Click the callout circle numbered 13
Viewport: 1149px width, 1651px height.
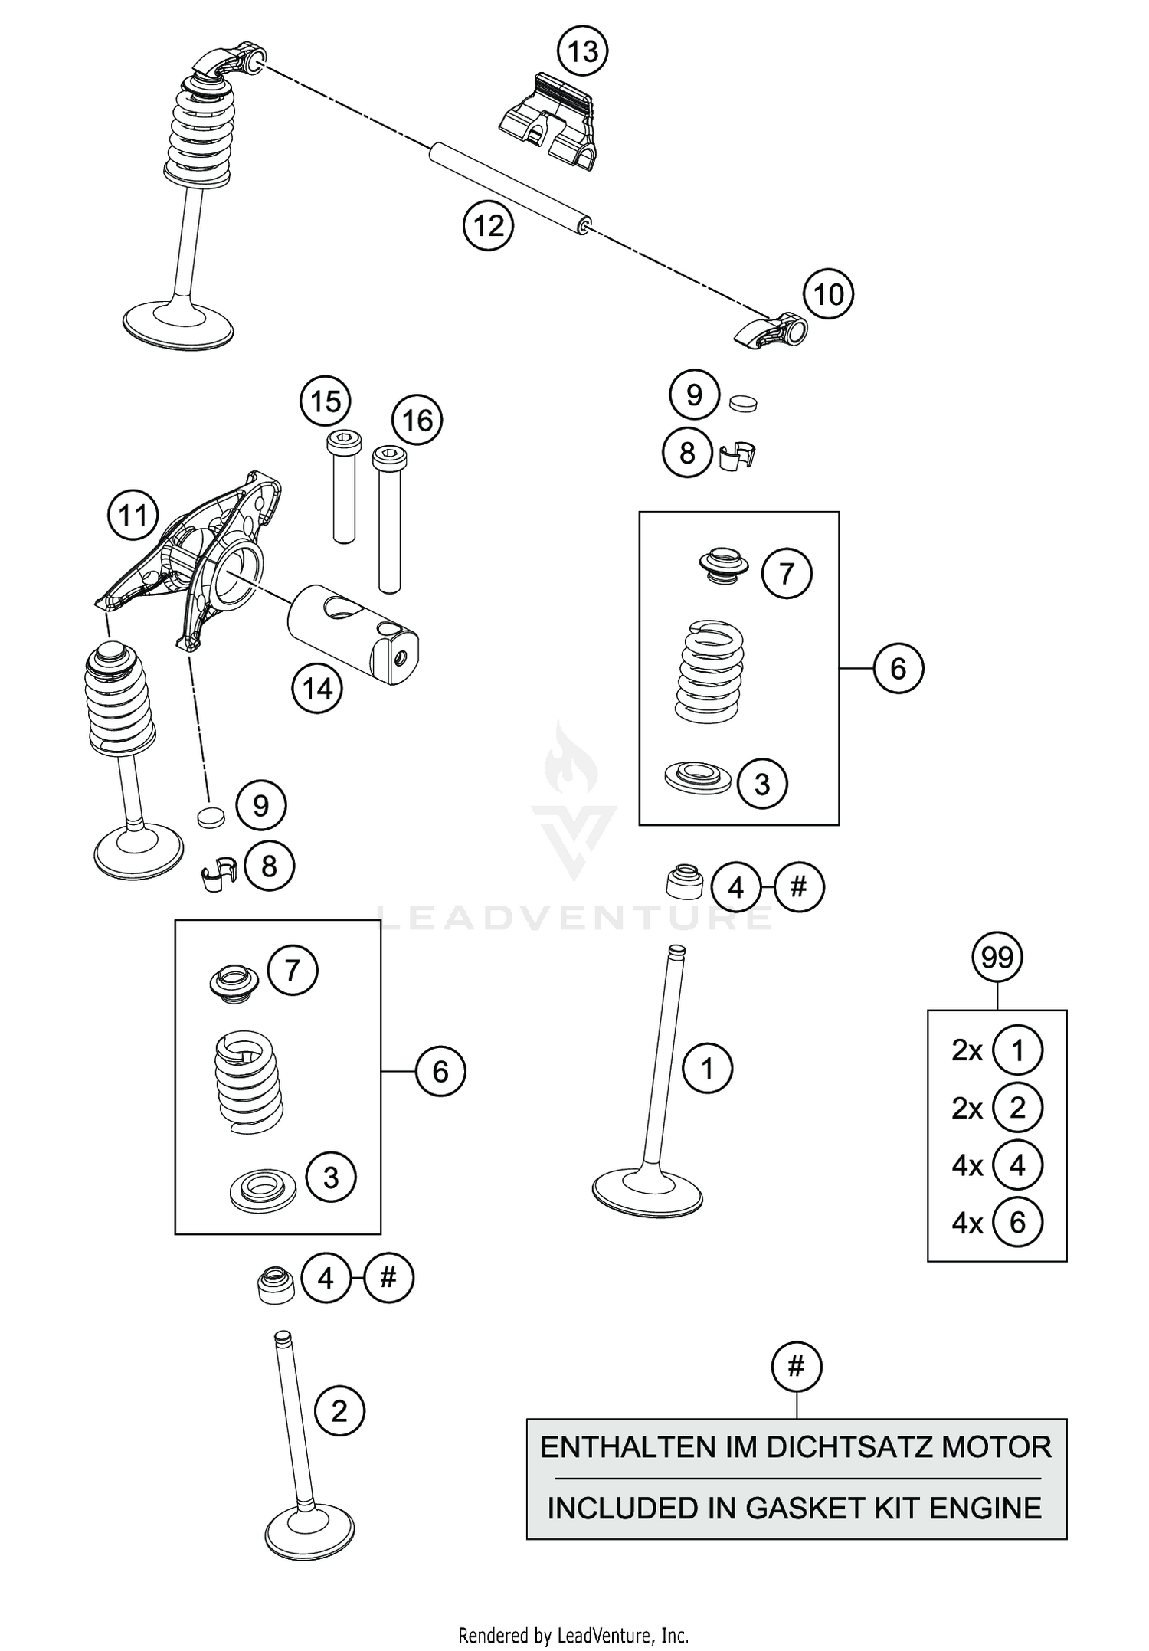pyautogui.click(x=582, y=52)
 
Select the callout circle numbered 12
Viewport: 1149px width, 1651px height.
pyautogui.click(x=489, y=226)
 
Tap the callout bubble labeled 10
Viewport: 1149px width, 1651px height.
pyautogui.click(x=828, y=294)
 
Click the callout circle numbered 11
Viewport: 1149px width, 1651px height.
pyautogui.click(x=133, y=515)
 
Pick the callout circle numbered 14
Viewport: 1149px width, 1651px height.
pyautogui.click(x=317, y=689)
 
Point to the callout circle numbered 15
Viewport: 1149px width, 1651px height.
pyautogui.click(x=326, y=401)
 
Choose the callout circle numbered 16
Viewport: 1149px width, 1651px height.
pyautogui.click(x=417, y=421)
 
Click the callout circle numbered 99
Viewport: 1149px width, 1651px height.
pyautogui.click(x=997, y=958)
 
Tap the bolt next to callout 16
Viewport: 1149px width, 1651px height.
pyautogui.click(x=389, y=521)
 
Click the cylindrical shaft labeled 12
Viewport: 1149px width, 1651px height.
pyautogui.click(x=509, y=184)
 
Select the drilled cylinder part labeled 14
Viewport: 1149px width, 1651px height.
pyautogui.click(x=353, y=633)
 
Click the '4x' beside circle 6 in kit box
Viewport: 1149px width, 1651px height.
pyautogui.click(x=967, y=1224)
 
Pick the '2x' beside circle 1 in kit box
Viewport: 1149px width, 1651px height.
pyautogui.click(x=967, y=1050)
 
